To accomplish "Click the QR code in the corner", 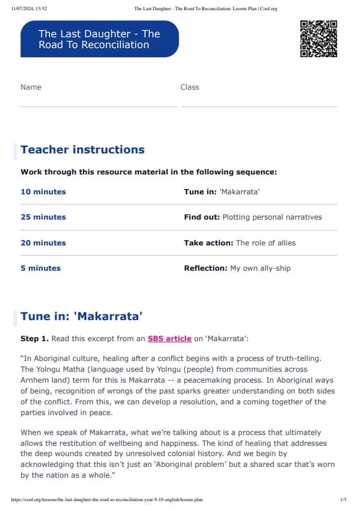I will coord(318,39).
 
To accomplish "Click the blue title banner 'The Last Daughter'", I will coord(99,39).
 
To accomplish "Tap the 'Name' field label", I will coord(31,87).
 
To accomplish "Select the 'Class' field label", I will coord(190,87).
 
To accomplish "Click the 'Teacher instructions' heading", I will coord(82,150).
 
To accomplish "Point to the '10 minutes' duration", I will coord(43,192).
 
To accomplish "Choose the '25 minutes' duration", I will coord(43,217).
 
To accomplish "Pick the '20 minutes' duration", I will coord(43,243).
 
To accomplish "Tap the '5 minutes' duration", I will coord(41,268).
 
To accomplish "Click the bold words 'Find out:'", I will coord(202,217).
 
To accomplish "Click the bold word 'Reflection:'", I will coord(205,268).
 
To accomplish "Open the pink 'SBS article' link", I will coord(169,339).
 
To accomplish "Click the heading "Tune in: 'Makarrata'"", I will coord(81,316).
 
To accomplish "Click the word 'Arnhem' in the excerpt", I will coord(35,380).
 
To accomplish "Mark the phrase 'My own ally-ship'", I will coord(260,268).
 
